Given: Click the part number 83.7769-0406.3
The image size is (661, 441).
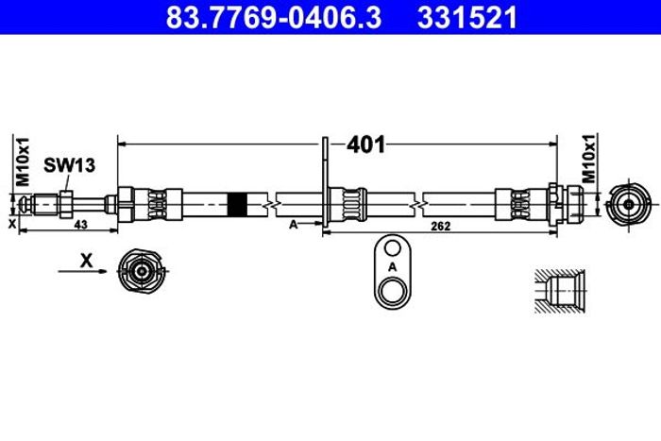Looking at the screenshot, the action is (274, 17).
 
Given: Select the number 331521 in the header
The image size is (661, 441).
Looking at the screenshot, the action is (467, 17).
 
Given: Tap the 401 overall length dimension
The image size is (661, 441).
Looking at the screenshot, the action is (366, 145).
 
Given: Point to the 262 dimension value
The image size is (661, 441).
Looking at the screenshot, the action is (441, 226).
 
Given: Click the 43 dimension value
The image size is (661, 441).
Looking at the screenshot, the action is (80, 225).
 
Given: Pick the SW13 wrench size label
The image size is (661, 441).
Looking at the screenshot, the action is (70, 165).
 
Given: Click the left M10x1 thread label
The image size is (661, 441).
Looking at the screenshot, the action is (23, 161).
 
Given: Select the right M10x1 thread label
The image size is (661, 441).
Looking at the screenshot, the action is (589, 159).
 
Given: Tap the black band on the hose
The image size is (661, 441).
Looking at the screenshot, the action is (237, 205).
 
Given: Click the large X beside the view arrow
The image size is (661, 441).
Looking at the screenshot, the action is (87, 261).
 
